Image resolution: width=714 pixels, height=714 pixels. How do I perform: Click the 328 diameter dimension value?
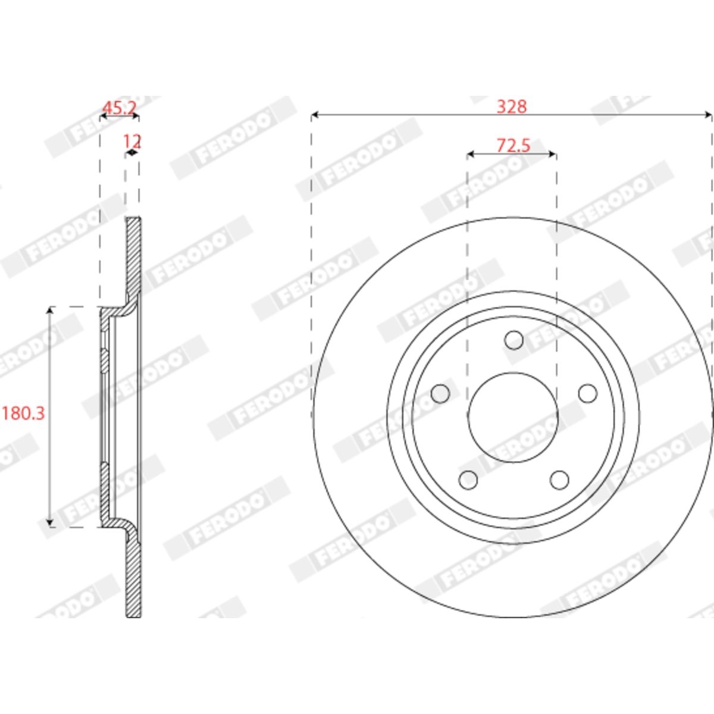pyautogui.click(x=511, y=107)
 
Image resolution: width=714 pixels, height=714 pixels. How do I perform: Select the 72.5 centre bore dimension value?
pyautogui.click(x=513, y=146)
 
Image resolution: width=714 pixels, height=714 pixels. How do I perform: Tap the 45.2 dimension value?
pyautogui.click(x=120, y=108)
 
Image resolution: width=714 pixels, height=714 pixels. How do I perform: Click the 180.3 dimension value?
pyautogui.click(x=23, y=413)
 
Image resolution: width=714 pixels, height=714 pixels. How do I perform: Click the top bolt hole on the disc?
pyautogui.click(x=514, y=340)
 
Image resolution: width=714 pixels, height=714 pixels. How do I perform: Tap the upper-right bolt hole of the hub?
pyautogui.click(x=588, y=393)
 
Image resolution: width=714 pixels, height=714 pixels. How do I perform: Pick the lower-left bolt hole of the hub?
pyautogui.click(x=468, y=480)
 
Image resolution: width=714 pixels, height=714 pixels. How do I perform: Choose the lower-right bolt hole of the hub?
pyautogui.click(x=559, y=480)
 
